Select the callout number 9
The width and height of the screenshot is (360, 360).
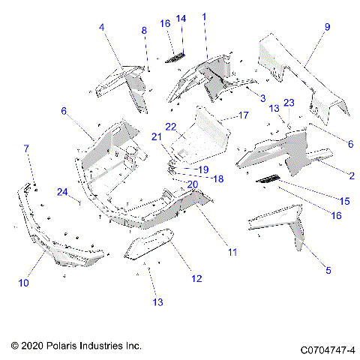pyautogui.click(x=327, y=27)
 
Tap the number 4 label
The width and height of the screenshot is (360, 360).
pyautogui.click(x=102, y=28)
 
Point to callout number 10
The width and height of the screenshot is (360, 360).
pyautogui.click(x=25, y=283)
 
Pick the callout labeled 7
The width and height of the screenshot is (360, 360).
pyautogui.click(x=28, y=148)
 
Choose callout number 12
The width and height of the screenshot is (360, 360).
pyautogui.click(x=196, y=279)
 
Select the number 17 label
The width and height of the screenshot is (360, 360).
pyautogui.click(x=243, y=115)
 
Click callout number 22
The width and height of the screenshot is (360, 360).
pyautogui.click(x=171, y=126)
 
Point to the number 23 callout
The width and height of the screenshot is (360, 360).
pyautogui.click(x=289, y=103)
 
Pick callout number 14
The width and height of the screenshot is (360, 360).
pyautogui.click(x=180, y=18)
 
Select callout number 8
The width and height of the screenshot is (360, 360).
pyautogui.click(x=145, y=30)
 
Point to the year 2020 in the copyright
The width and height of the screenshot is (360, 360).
pyautogui.click(x=34, y=346)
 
